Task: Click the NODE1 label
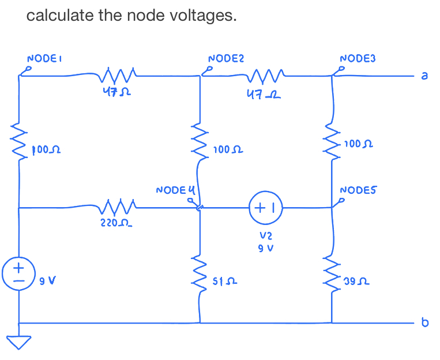(x=44, y=58)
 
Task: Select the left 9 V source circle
(x=18, y=272)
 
